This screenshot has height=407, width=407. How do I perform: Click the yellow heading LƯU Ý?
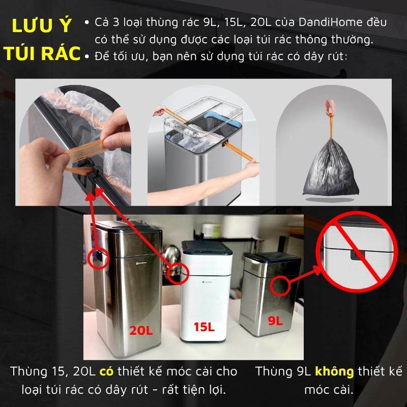42,27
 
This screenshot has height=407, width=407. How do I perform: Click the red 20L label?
140,330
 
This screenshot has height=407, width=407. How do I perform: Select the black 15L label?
204,327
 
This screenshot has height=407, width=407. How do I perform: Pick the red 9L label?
275,321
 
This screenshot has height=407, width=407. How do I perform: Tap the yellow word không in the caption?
334,371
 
